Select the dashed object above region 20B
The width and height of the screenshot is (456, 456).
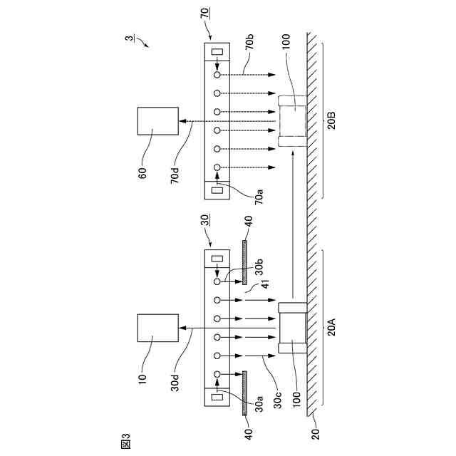click(x=291, y=122)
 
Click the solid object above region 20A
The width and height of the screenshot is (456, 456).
click(x=291, y=330)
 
